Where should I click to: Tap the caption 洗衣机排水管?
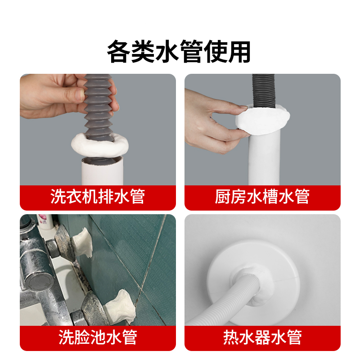click(98, 197)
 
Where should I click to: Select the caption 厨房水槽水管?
click(262, 197)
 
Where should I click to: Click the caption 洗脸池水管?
click(98, 337)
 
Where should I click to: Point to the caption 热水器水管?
click(262, 337)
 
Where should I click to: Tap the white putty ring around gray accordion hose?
click(100, 145)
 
